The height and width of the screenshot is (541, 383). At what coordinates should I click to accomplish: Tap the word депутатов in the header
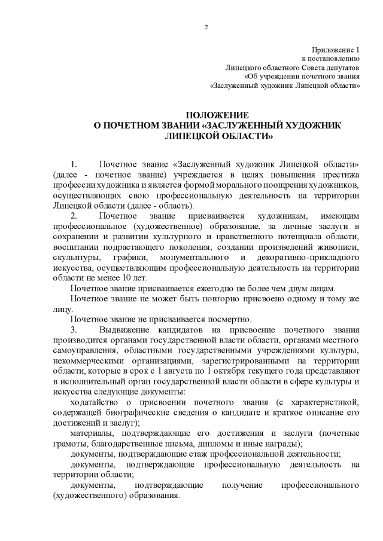click(x=338, y=68)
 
